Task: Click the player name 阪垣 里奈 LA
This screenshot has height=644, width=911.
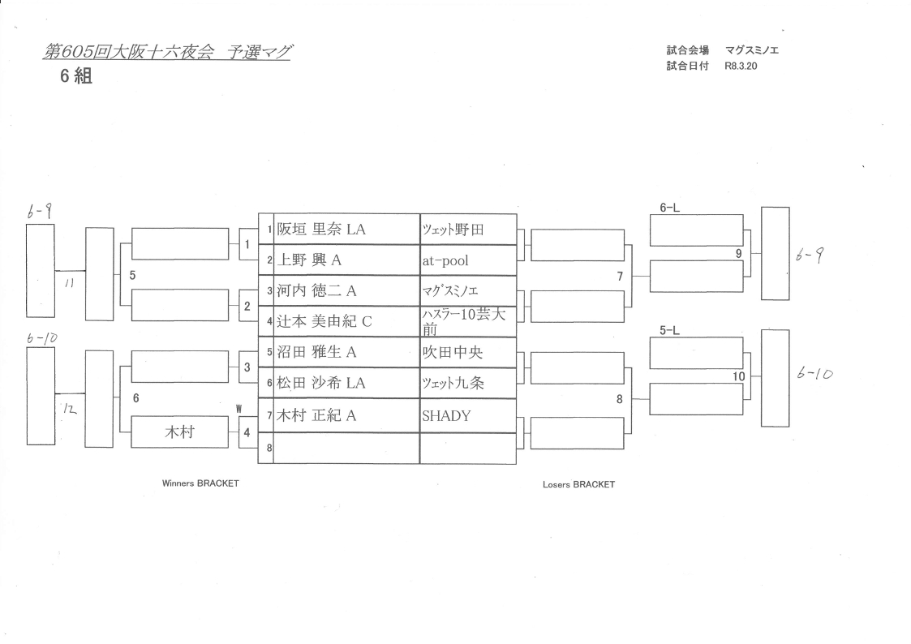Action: (321, 230)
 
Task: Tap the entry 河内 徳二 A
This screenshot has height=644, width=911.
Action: (316, 291)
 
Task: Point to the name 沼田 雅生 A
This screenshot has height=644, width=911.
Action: (317, 353)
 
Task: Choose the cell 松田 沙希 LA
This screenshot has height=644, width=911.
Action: (321, 384)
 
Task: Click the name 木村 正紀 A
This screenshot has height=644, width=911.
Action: (317, 415)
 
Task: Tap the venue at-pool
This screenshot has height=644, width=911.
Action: (445, 261)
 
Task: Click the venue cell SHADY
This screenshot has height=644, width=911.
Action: (446, 415)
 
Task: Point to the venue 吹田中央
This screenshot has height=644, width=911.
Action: (453, 353)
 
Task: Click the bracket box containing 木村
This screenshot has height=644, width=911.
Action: (179, 432)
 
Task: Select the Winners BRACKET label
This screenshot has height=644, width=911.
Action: (201, 483)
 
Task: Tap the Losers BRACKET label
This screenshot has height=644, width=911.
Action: (578, 484)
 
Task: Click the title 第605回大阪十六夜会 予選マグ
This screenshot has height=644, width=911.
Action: (167, 53)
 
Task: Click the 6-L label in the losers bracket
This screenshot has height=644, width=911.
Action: (669, 208)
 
